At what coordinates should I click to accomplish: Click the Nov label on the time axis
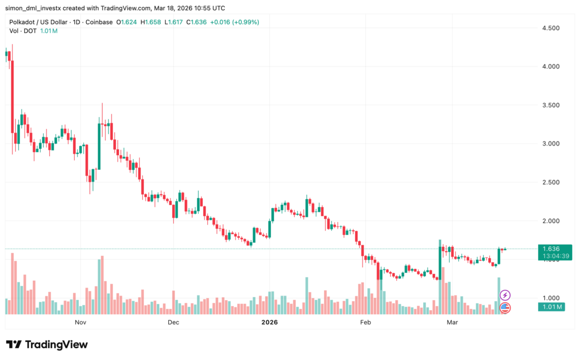[x=80, y=322]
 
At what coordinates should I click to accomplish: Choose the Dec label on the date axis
[x=173, y=322]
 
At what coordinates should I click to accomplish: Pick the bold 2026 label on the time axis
[x=269, y=322]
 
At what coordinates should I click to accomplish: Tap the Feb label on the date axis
[x=365, y=322]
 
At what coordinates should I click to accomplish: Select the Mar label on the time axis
[x=452, y=322]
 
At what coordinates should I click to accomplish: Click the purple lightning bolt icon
[x=505, y=295]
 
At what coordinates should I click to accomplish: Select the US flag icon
[x=505, y=308]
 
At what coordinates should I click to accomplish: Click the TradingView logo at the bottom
[x=48, y=344]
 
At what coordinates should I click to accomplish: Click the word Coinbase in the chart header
[x=99, y=22]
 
